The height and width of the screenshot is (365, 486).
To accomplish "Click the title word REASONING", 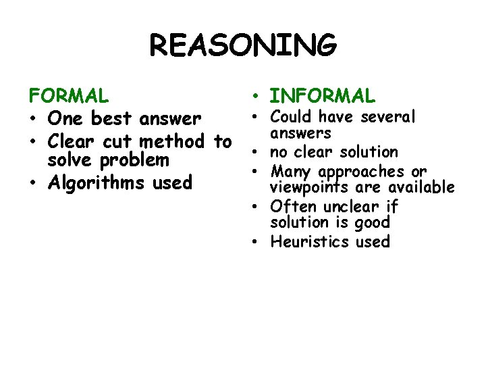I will pos(243,47).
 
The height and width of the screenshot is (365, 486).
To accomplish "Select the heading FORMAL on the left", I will pos(67,95).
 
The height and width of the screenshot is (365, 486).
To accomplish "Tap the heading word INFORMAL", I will pos(322,96).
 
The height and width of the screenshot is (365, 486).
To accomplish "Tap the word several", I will pos(388,117).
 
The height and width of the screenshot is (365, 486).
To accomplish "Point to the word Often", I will pos(292,206).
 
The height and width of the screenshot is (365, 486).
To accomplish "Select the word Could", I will pos(292,117).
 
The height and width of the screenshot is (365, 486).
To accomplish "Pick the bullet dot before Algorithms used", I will pos(33,183).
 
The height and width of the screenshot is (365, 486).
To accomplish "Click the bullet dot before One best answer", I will pos(33,120).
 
